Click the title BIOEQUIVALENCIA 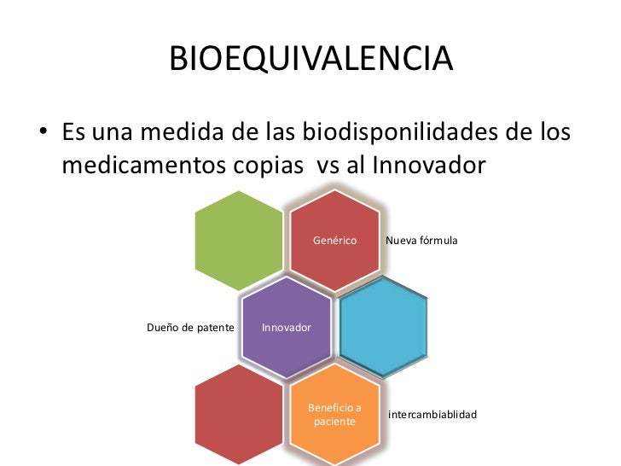310,59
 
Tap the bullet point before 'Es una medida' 41,136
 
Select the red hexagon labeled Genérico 334,241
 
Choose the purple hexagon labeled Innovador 286,328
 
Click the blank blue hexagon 383,328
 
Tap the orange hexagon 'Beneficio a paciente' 334,415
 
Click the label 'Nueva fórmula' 421,242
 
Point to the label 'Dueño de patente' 190,328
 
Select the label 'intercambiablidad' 432,415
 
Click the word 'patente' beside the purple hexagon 215,328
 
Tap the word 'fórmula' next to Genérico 438,242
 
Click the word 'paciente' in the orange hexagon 334,422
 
